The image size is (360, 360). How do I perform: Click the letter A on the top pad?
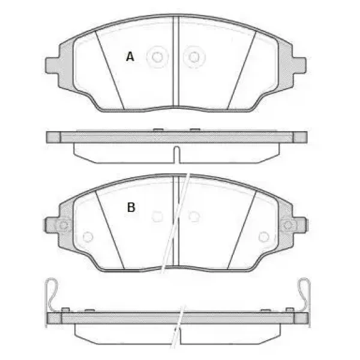pyautogui.click(x=130, y=56)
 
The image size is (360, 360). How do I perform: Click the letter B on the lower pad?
pyautogui.click(x=131, y=207)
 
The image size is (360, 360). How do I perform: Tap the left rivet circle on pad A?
pyautogui.click(x=157, y=57)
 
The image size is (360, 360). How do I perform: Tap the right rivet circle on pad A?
pyautogui.click(x=194, y=57)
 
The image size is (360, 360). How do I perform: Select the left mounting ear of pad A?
pyautogui.click(x=52, y=65)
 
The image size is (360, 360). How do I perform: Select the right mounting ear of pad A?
pyautogui.click(x=299, y=65)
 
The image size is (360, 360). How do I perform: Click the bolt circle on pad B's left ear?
pyautogui.click(x=63, y=225)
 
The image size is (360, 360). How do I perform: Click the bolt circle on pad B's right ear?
pyautogui.click(x=287, y=225)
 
